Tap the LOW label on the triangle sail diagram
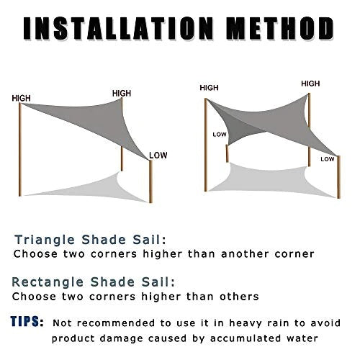click(x=158, y=153)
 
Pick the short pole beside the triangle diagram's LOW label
click(x=151, y=180)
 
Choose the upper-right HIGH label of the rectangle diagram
click(x=310, y=84)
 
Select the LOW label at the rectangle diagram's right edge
click(x=328, y=158)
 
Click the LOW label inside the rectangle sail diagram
click(x=220, y=134)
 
